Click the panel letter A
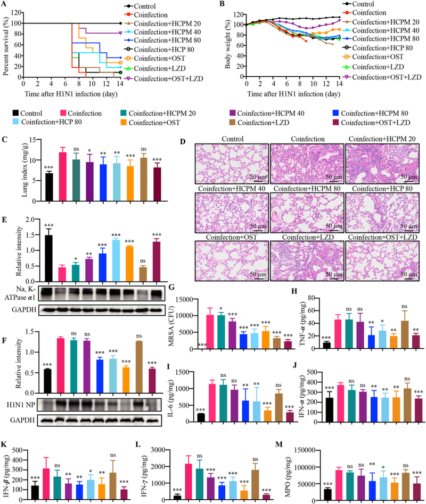[4, 4]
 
